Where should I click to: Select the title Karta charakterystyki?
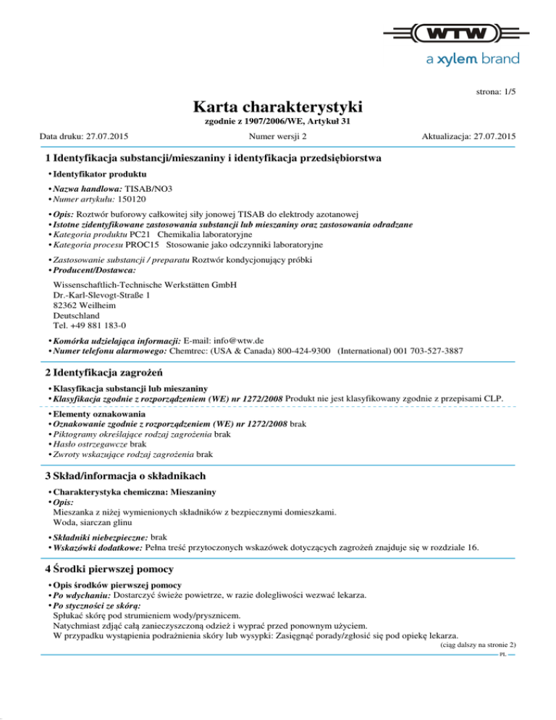[278, 107]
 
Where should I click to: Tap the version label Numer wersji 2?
[277, 136]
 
